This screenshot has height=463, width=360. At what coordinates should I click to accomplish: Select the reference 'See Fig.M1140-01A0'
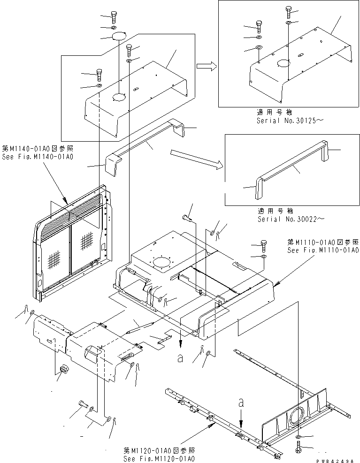point(40,156)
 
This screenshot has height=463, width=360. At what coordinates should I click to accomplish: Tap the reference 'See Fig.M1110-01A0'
point(323,250)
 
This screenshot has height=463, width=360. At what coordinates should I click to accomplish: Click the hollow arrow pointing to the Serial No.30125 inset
point(207,67)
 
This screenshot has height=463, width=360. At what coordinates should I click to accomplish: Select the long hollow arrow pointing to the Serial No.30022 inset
point(195,159)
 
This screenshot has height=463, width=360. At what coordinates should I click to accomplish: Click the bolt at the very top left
point(114,17)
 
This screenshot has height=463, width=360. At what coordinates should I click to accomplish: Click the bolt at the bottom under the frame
point(299,448)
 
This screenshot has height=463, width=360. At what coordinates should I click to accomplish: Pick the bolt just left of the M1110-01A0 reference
point(263,246)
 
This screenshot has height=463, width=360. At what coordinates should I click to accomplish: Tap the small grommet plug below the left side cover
point(62,370)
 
